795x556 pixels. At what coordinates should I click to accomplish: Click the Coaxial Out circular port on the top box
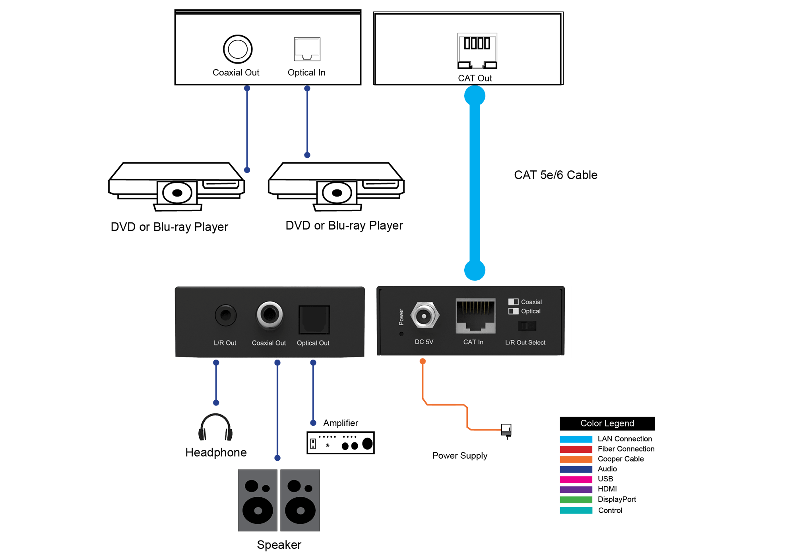coord(238,49)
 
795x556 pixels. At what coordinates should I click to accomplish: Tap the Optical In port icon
coord(307,49)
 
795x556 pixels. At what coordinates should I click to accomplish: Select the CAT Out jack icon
coord(477,51)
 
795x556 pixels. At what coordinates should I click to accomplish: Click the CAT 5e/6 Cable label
coord(555,175)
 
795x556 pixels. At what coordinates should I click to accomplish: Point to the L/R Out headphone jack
coord(226,315)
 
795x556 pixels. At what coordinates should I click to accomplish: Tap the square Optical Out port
coord(314,320)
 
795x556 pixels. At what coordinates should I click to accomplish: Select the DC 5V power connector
coord(425,316)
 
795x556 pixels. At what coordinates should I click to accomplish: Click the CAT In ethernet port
coord(475,316)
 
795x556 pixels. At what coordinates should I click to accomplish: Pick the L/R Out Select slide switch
coord(527,326)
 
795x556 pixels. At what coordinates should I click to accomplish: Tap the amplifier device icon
coord(341,443)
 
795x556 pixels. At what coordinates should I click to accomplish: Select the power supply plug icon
coord(506,431)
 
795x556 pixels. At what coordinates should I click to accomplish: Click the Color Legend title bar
coord(607,423)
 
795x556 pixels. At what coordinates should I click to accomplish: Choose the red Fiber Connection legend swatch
coord(576,449)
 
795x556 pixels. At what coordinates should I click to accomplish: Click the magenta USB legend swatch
coord(576,479)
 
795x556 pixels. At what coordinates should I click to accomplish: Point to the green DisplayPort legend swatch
coord(576,500)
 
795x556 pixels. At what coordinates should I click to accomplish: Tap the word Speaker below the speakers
coord(279,545)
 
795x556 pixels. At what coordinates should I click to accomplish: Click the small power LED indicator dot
coord(401,334)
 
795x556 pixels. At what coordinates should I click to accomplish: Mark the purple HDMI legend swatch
coord(576,489)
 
